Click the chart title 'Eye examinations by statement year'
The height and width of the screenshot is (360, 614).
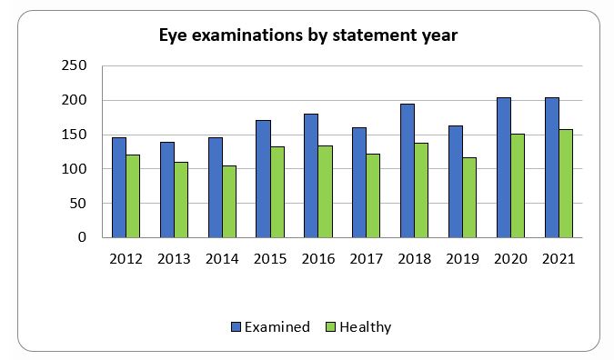[308, 36]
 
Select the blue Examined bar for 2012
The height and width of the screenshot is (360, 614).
[118, 187]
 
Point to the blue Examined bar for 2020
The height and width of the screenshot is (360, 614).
[503, 167]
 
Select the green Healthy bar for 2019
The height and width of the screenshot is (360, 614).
[469, 197]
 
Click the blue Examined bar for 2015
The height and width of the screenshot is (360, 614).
[263, 179]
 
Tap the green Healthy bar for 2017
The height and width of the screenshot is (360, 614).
[373, 195]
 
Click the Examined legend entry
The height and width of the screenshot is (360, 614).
[270, 327]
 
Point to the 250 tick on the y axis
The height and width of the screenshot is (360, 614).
[74, 66]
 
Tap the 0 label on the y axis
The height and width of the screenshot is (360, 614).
[82, 238]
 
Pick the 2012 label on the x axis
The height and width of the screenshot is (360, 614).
[126, 259]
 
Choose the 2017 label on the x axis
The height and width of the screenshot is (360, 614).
[366, 259]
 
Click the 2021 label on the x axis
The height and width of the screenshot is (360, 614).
[558, 259]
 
